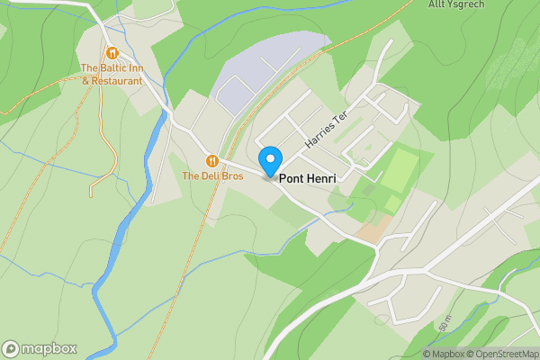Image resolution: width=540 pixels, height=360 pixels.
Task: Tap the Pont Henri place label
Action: point(308,179)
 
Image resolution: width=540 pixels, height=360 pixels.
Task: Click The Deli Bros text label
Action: point(212,176)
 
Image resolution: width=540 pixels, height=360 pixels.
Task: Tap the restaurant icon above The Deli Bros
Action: point(212,161)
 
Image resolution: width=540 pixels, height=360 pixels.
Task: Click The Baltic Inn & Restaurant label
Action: point(112,74)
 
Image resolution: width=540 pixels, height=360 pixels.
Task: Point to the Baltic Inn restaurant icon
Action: point(112,53)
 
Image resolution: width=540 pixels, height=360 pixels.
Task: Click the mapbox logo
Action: point(40,348)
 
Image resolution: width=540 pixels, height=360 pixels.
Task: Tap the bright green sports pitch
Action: point(399,171)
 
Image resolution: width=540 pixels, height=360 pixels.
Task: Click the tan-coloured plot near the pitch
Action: point(371,231)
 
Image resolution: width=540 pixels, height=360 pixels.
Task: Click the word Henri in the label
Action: point(321,179)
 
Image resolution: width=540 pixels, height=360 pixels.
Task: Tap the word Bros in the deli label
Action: point(230,176)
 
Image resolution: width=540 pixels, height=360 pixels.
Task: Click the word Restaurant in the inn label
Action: point(118,80)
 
